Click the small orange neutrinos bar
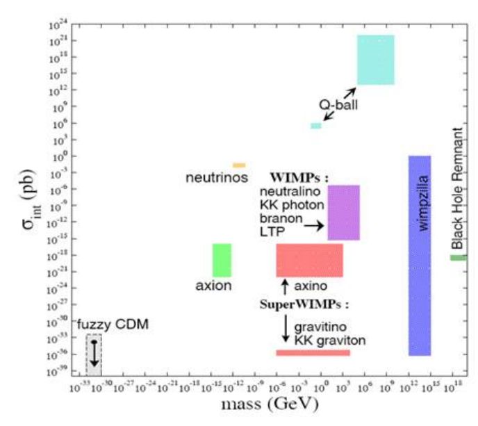239,165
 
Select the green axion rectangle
222,260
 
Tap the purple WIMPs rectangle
343,212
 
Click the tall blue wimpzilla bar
419,255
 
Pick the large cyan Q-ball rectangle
375,60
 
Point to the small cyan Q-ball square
316,126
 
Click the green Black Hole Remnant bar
458,258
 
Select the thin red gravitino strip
313,352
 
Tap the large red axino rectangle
309,260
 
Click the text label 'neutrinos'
217,178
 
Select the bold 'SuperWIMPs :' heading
304,304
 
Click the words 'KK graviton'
329,340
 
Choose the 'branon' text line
281,216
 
